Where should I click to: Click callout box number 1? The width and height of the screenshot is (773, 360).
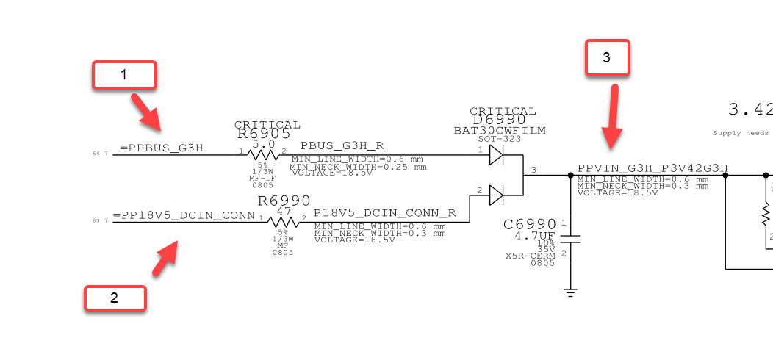tap(124, 75)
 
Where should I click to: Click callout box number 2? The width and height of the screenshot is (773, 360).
tap(115, 298)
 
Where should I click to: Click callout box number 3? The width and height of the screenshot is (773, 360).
tap(607, 59)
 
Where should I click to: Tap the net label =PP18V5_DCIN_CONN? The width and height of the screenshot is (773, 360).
tap(184, 216)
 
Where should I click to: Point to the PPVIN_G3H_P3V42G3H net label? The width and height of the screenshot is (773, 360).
tap(652, 169)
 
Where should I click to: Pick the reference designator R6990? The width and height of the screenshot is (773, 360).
tap(284, 201)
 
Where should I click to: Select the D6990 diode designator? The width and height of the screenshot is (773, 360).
tap(499, 120)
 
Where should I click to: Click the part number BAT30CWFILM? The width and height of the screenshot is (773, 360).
tap(499, 131)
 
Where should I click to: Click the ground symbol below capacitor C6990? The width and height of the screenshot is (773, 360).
tap(571, 292)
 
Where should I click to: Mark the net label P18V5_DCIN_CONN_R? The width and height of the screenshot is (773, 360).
tap(384, 213)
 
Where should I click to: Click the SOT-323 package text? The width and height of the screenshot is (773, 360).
tap(499, 139)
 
